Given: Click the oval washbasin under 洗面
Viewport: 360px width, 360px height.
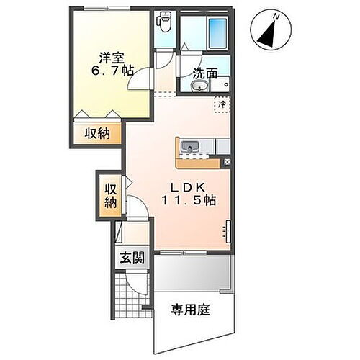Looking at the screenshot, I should [x=199, y=88].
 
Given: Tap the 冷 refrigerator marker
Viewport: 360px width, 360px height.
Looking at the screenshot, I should [x=223, y=104].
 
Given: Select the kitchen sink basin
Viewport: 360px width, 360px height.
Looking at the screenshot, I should [x=191, y=148].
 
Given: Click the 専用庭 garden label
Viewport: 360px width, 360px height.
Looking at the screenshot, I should [x=189, y=310].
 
